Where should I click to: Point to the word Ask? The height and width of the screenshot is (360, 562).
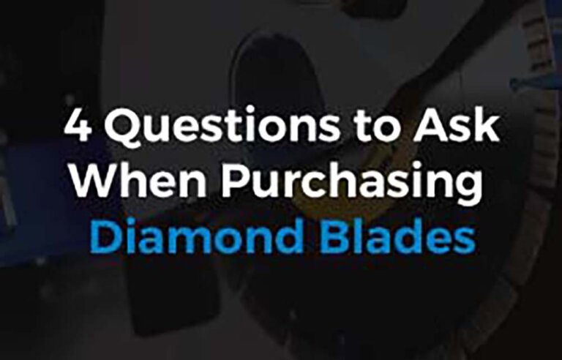(x=456, y=124)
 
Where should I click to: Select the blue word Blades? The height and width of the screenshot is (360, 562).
(x=398, y=236)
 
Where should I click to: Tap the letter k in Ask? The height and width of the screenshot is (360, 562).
(x=487, y=124)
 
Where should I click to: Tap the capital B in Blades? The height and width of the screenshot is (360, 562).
(x=334, y=237)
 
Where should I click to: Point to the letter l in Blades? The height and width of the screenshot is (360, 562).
(x=359, y=236)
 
